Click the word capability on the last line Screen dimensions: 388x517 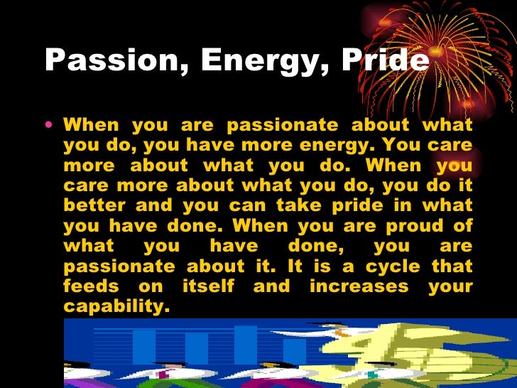117,307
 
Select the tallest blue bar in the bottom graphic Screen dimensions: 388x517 246,344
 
